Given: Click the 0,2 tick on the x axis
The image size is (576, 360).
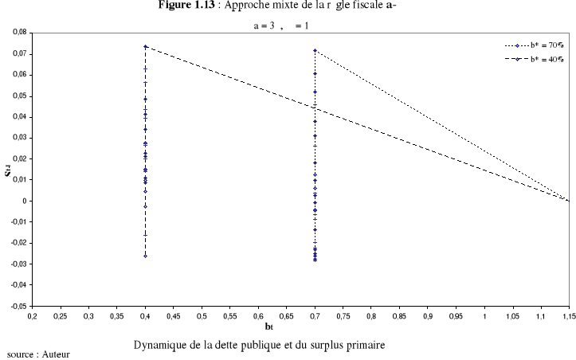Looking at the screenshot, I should tap(32, 315).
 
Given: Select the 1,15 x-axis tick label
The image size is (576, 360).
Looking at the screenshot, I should tap(567, 315).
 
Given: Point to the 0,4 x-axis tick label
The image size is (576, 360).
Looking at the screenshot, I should tap(145, 315).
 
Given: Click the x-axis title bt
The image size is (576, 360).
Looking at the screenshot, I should tap(301, 327).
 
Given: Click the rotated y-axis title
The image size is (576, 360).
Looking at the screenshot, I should tap(9, 169).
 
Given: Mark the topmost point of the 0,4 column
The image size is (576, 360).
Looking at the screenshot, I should tap(145, 46).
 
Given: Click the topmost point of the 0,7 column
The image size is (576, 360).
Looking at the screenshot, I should tap(315, 50).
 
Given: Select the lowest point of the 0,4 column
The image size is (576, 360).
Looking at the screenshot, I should tap(145, 256).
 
